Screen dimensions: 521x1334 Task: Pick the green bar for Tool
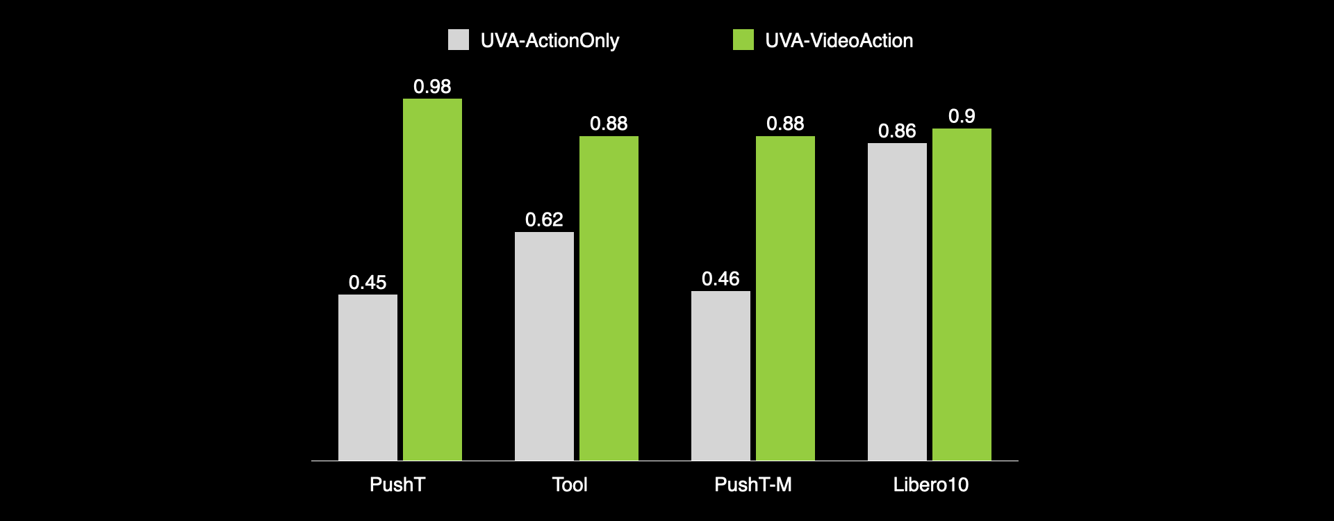609,298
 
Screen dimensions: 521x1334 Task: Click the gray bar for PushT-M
720,375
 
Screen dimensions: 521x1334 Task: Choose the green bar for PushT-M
785,298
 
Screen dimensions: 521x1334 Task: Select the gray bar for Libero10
897,301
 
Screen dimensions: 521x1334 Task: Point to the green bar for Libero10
962,295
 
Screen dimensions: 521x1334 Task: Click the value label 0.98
432,87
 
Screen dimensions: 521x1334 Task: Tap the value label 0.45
368,283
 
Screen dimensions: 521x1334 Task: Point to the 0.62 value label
544,220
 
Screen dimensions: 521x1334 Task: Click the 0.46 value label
720,279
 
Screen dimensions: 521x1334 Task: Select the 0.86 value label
897,131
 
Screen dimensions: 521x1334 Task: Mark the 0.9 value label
962,117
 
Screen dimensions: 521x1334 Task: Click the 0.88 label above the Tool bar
609,124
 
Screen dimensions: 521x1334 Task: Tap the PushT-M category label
753,485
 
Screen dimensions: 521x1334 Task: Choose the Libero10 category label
930,485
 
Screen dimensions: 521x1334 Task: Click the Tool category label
570,485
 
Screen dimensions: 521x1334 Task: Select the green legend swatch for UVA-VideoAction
743,40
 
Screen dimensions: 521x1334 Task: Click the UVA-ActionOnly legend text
550,41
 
